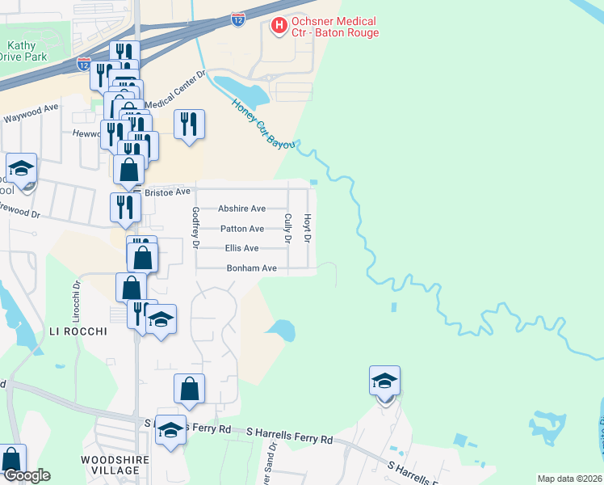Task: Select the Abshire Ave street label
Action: point(241,209)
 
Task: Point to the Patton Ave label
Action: point(241,229)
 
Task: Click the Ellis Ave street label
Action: point(241,248)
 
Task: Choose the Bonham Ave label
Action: point(251,268)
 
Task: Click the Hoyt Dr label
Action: point(307,227)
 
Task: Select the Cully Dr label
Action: point(287,228)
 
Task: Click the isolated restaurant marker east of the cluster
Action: point(189,124)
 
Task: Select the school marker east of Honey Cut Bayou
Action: point(385,382)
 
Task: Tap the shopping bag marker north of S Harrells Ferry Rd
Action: point(189,390)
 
